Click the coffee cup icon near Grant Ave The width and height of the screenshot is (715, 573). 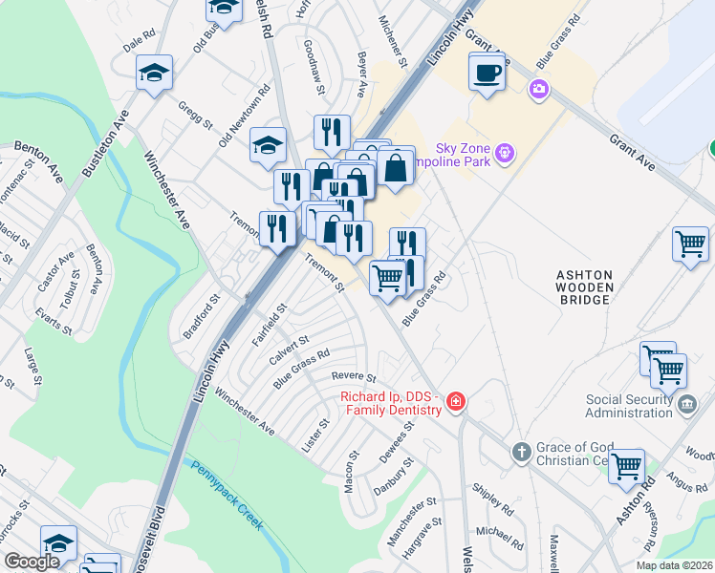(x=487, y=72)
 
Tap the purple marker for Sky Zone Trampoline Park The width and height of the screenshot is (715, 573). (x=505, y=153)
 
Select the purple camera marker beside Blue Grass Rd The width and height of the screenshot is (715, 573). (x=539, y=89)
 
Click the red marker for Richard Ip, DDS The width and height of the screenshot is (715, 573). (x=457, y=401)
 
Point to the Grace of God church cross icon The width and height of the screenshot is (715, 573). (x=521, y=450)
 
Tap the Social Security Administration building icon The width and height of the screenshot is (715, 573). (x=685, y=404)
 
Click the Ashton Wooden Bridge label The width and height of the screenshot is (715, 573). (x=583, y=287)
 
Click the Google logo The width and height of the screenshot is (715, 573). (x=32, y=562)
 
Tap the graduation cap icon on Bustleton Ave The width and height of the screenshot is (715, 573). (x=153, y=73)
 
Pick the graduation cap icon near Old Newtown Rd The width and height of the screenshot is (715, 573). (x=269, y=144)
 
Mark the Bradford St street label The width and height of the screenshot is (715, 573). (x=202, y=316)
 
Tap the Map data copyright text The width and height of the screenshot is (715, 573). (x=674, y=565)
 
